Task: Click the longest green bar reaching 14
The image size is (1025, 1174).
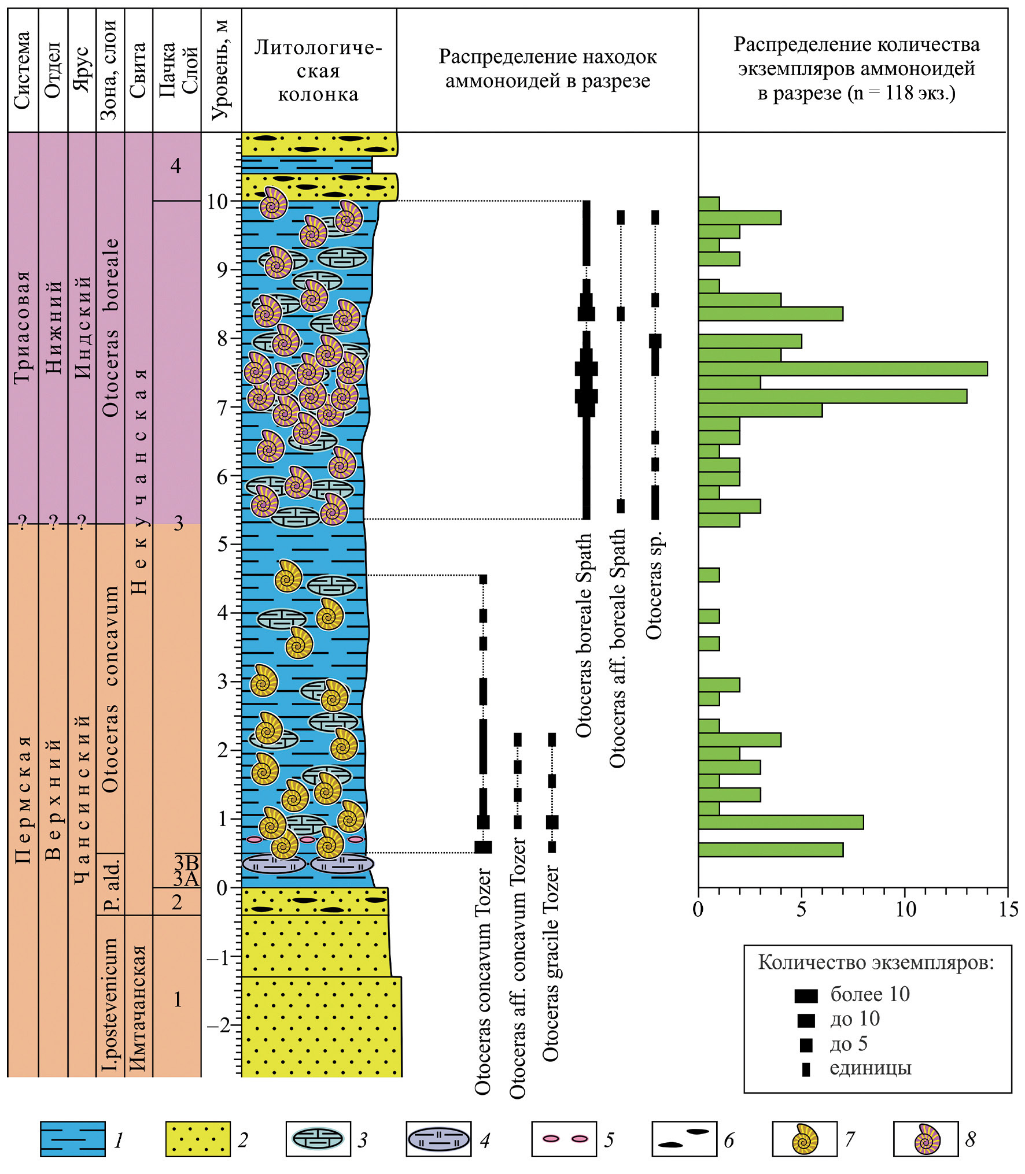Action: coord(842,369)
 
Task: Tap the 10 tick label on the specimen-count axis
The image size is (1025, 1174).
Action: coord(906,910)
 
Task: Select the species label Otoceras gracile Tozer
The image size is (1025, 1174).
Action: coord(551,963)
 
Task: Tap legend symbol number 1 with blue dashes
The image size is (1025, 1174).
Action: coord(73,1139)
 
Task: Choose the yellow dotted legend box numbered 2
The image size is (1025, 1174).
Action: coord(198,1139)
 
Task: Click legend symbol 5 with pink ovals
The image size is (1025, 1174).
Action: coord(564,1139)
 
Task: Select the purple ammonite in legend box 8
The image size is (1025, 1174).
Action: coord(927,1139)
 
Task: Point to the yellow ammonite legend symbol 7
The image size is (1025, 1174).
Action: coord(805,1139)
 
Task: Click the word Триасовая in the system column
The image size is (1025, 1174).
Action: coord(23,327)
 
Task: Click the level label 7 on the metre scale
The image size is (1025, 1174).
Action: coord(222,407)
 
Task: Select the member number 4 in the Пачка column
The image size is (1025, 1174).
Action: coord(176,166)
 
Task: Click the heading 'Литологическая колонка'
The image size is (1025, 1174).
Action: coord(318,71)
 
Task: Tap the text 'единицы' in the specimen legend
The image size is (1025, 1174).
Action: coord(871,1068)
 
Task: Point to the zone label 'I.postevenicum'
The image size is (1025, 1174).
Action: coord(110,1004)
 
